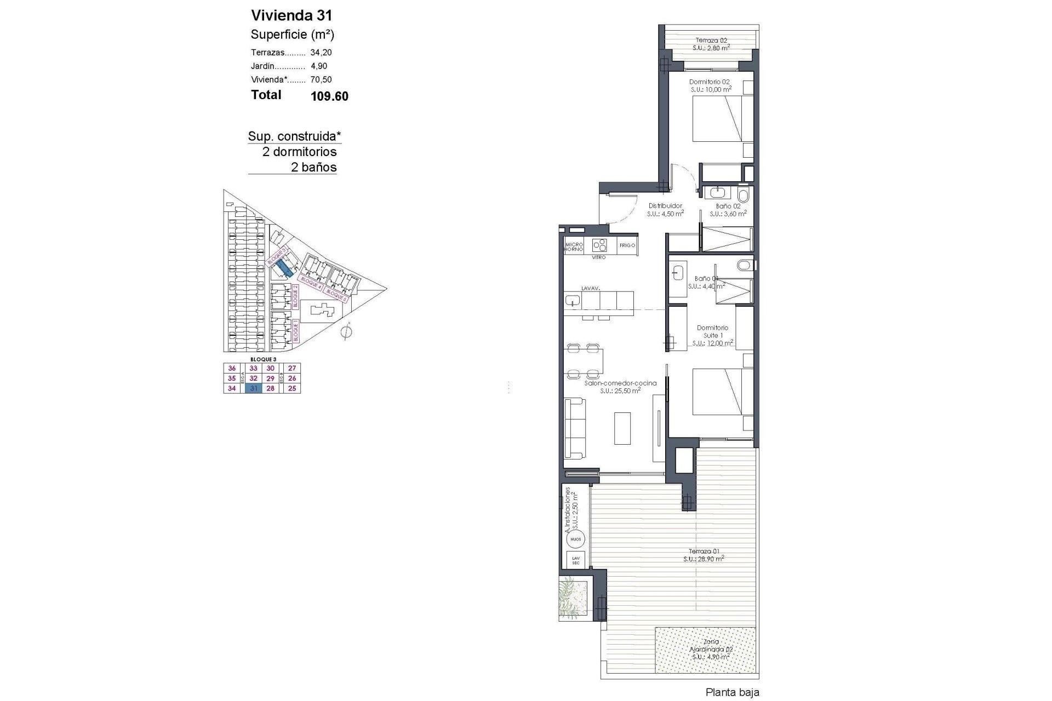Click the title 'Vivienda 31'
(291, 15)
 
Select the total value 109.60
(329, 97)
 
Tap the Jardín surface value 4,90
(318, 66)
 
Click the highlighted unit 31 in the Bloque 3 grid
(253, 388)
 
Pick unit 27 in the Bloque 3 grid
(291, 369)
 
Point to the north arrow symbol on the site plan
(346, 331)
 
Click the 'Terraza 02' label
(711, 40)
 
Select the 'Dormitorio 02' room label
(709, 82)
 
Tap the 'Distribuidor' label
(665, 206)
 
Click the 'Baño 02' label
(728, 206)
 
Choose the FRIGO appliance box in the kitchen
(627, 245)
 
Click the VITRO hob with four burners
(600, 245)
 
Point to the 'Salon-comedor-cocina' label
(620, 383)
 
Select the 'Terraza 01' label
(704, 551)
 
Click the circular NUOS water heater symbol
(575, 539)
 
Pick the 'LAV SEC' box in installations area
(575, 560)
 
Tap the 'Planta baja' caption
(733, 693)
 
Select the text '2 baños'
(313, 168)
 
